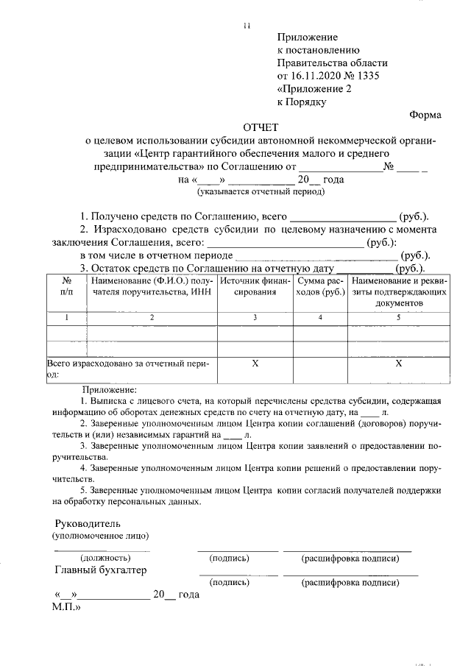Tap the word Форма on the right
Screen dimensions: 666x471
[425, 114]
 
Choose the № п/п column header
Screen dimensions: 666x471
[66, 286]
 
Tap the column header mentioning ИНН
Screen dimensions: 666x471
[151, 286]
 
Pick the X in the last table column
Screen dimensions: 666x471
[398, 364]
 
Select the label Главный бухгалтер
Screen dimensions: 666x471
[101, 570]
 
